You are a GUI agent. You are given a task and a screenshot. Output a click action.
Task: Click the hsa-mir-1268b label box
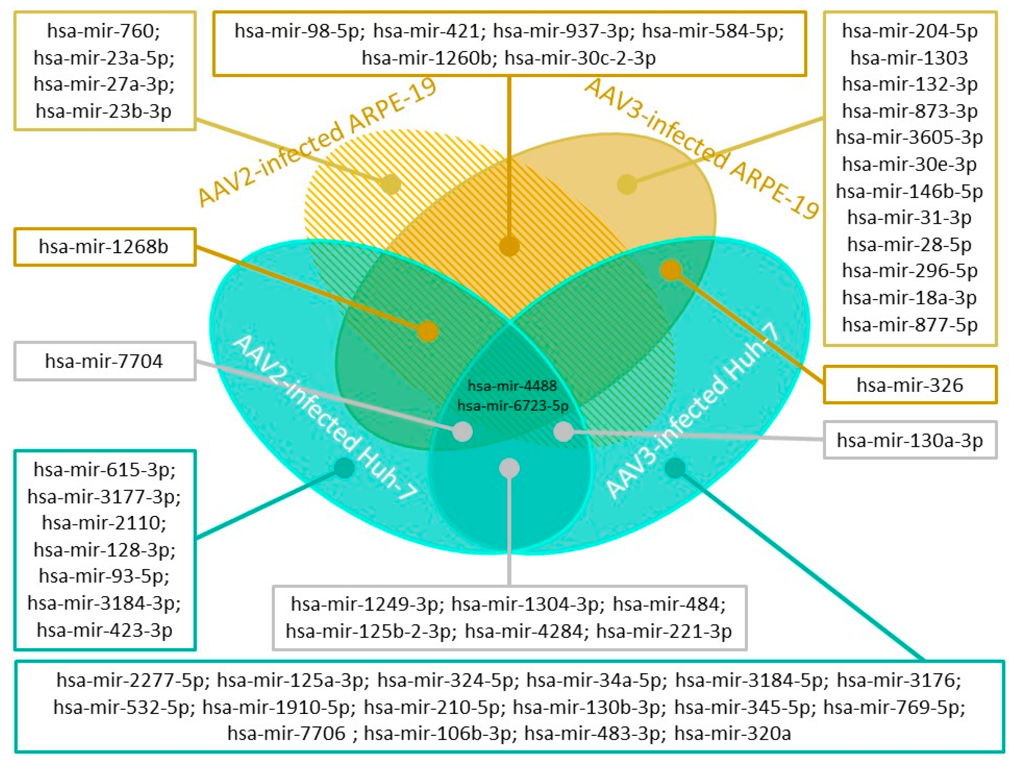(x=105, y=247)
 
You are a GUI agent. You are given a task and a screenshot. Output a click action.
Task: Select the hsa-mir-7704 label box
(x=105, y=361)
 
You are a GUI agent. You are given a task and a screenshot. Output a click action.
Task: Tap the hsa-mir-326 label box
(x=910, y=385)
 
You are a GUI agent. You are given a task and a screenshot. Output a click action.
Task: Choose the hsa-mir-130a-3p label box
(x=910, y=440)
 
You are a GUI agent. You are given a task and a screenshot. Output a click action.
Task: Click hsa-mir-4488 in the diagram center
(x=512, y=386)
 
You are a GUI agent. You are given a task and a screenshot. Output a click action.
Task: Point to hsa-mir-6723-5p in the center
(x=512, y=406)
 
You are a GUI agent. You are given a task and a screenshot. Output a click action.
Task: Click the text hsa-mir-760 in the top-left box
(x=104, y=31)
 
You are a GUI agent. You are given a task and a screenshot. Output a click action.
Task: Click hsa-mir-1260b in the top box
(x=427, y=58)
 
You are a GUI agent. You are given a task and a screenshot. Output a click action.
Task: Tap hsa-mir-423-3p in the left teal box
(x=105, y=630)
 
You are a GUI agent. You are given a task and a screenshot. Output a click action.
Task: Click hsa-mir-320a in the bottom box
(x=732, y=733)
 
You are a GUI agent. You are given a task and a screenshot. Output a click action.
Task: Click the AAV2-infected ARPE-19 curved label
(x=317, y=142)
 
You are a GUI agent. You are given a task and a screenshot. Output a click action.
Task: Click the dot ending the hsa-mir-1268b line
(x=428, y=331)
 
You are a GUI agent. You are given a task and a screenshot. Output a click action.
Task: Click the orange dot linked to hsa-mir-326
(x=671, y=270)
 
